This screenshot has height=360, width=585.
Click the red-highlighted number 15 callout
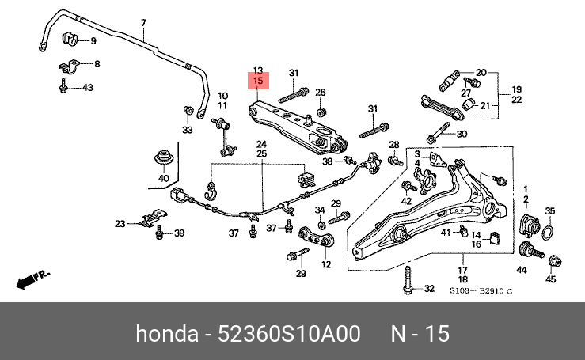tap(258, 81)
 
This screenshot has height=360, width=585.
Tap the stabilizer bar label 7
tap(143, 23)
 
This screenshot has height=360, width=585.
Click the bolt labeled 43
tap(63, 85)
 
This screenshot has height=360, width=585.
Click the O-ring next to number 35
tap(547, 233)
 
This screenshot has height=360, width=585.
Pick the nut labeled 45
tap(555, 261)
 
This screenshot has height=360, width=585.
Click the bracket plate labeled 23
tap(151, 218)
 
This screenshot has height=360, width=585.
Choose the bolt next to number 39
tap(160, 232)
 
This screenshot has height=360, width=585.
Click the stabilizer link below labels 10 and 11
tap(224, 137)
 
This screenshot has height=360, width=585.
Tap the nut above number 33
tap(188, 111)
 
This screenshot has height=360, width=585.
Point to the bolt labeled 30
tap(438, 133)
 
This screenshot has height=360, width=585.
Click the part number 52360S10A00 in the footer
tap(289, 333)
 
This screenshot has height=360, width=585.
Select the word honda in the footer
tap(167, 333)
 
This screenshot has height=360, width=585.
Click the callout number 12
tap(326, 264)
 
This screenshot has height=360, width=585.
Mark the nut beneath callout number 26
tap(320, 112)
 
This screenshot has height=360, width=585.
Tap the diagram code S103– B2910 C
tap(481, 290)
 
